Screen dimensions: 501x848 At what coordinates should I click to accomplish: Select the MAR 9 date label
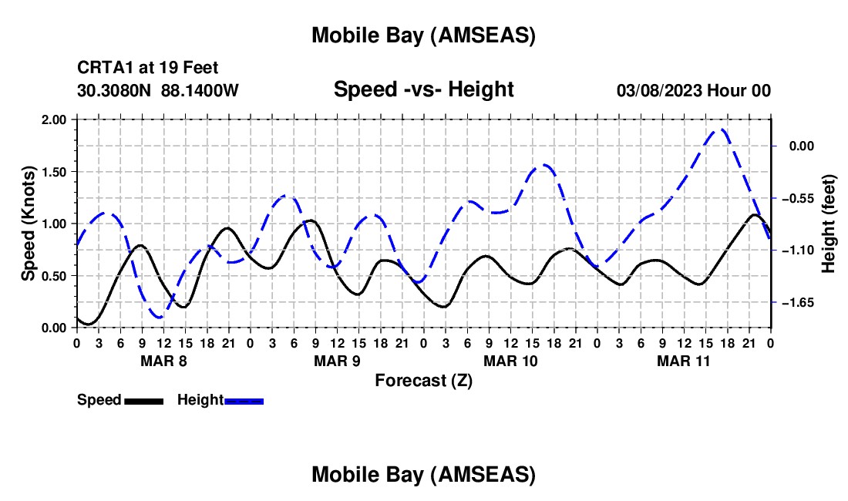click(337, 361)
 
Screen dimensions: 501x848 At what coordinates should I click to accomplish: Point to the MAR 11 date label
click(683, 361)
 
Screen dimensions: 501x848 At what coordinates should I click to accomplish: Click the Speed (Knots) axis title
click(29, 224)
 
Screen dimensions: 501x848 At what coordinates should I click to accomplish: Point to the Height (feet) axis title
click(829, 224)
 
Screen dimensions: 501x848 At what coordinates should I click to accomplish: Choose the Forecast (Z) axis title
click(423, 380)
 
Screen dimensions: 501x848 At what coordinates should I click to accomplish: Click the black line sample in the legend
click(143, 401)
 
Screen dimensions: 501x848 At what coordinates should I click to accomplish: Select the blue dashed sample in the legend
click(244, 401)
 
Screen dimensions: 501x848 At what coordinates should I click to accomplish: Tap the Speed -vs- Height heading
click(423, 89)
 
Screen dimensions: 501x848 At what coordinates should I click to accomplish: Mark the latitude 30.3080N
click(115, 90)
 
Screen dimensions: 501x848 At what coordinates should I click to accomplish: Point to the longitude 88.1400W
click(200, 90)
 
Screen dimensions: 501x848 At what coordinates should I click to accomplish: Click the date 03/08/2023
click(658, 90)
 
